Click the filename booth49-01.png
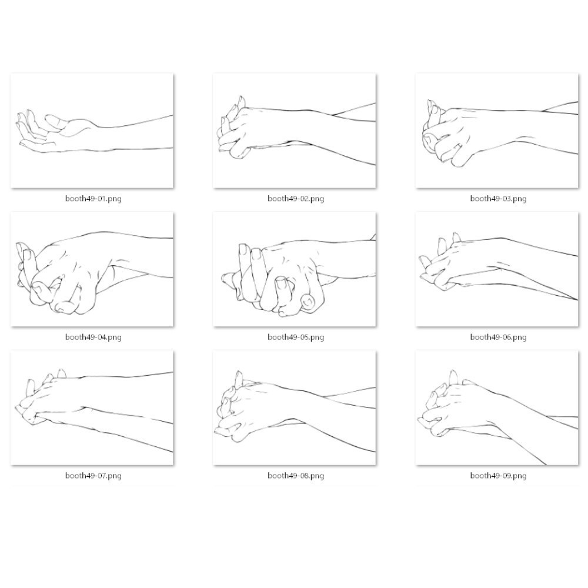(x=93, y=198)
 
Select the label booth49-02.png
(x=296, y=198)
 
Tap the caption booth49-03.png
(x=499, y=198)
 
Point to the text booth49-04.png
(x=93, y=337)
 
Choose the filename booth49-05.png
(x=296, y=337)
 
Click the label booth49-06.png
(x=499, y=337)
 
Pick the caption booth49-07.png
(x=93, y=476)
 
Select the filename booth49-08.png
(x=296, y=476)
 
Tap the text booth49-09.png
(x=499, y=476)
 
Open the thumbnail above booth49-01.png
(x=92, y=131)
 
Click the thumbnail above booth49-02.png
(x=295, y=131)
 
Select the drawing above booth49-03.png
(x=497, y=131)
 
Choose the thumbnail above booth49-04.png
(x=92, y=269)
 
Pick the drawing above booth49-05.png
(x=295, y=269)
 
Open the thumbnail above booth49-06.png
(x=497, y=269)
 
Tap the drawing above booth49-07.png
(x=92, y=407)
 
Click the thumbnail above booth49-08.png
(x=295, y=407)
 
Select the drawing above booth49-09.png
(x=497, y=407)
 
